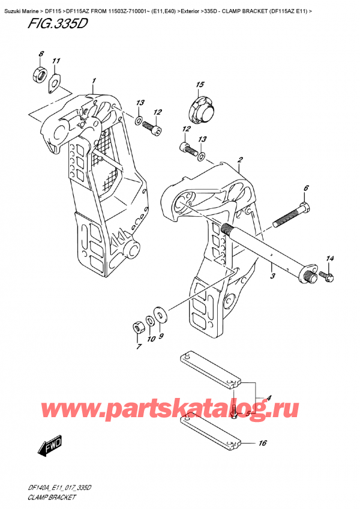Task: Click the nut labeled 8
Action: click(37, 76)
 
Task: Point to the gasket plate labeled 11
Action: click(53, 83)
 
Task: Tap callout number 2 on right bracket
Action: click(239, 160)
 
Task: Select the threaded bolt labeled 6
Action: click(292, 216)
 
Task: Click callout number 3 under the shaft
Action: click(272, 276)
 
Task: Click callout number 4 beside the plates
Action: click(269, 397)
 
